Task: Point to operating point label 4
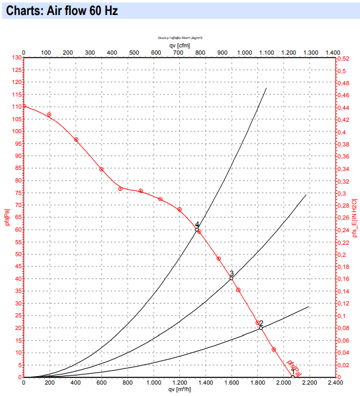click(x=197, y=225)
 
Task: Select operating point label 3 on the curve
click(x=232, y=274)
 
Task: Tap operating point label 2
click(x=261, y=323)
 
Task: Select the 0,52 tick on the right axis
click(x=344, y=58)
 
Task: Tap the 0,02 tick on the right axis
click(x=344, y=365)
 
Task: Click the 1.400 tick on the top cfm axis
click(x=332, y=53)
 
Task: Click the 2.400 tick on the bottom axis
click(x=335, y=382)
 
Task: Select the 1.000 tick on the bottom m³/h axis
click(x=154, y=382)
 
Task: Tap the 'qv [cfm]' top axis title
click(x=179, y=45)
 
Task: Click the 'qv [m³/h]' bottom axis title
click(x=179, y=388)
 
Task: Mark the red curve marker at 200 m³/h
click(x=49, y=115)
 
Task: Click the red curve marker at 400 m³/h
click(x=76, y=140)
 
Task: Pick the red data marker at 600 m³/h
click(x=101, y=169)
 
